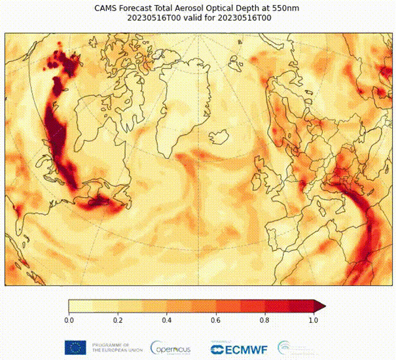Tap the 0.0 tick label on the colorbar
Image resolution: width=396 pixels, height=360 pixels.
[x=69, y=321]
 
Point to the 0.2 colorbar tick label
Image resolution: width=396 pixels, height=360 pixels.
[x=118, y=321]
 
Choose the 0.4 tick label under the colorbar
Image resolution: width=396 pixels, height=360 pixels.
[x=167, y=321]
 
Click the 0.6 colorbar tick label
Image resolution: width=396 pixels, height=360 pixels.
[x=216, y=321]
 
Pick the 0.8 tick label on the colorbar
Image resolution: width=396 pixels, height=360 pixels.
[x=265, y=321]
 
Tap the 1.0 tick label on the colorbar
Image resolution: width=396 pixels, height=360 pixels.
[x=314, y=321]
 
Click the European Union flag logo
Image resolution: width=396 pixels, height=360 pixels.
[x=75, y=347]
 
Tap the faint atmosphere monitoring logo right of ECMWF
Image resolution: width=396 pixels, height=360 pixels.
[x=289, y=347]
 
